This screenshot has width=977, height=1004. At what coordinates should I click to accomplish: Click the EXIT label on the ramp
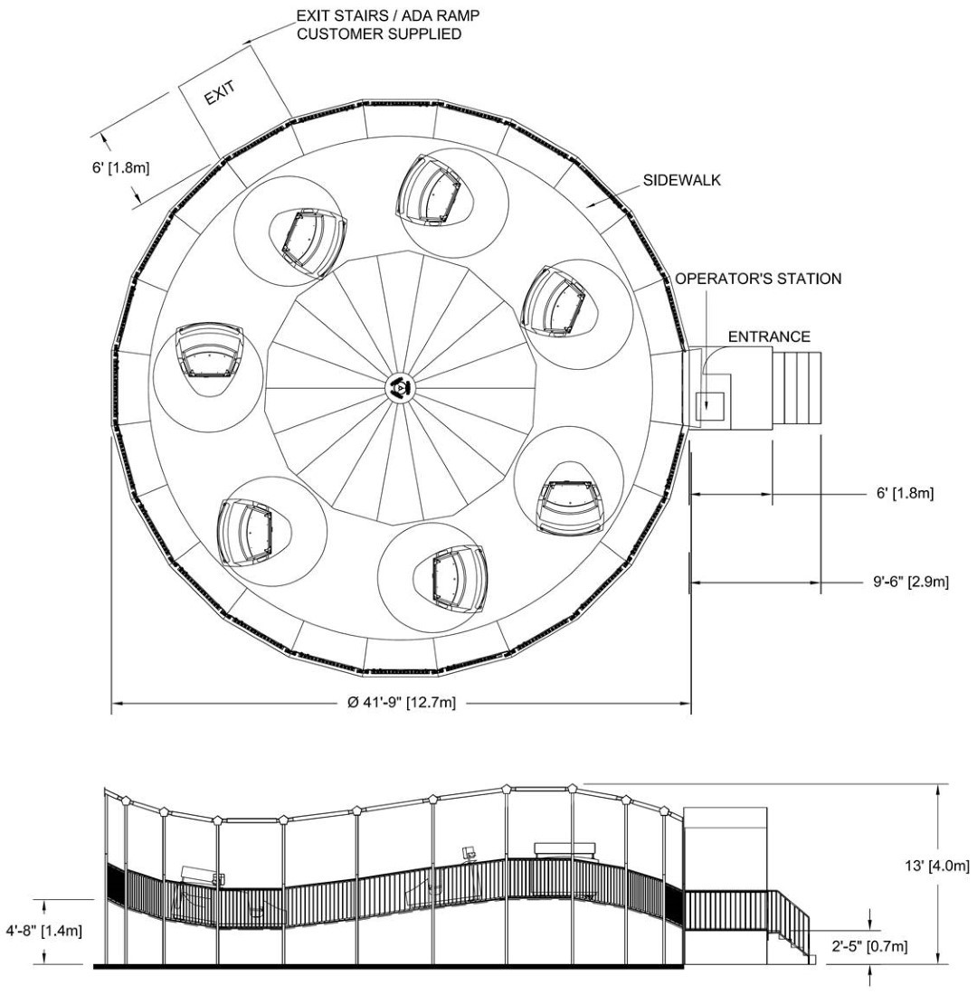tap(220, 93)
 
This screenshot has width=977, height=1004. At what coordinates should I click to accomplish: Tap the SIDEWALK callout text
tap(682, 180)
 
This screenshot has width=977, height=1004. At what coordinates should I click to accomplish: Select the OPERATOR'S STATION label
tap(758, 279)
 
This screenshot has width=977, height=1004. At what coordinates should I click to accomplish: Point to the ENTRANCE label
tap(769, 336)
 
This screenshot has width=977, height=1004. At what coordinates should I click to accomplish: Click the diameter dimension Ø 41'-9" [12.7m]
tap(402, 703)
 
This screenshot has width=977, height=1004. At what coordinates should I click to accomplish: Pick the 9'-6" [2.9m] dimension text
tap(911, 582)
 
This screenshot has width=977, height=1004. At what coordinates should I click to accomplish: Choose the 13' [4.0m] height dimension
tap(936, 866)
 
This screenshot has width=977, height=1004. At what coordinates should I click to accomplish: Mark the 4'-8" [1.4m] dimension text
tap(44, 931)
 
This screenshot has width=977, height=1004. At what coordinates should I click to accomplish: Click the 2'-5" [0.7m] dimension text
tap(868, 946)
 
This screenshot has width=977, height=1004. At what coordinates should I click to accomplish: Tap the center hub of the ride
tap(401, 387)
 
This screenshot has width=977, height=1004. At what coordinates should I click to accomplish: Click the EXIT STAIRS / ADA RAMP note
tap(387, 24)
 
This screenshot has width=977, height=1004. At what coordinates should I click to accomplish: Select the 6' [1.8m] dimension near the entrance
tap(905, 493)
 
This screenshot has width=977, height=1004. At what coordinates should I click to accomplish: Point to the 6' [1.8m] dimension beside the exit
tap(120, 167)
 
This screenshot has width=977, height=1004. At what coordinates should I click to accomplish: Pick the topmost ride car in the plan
tap(428, 190)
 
